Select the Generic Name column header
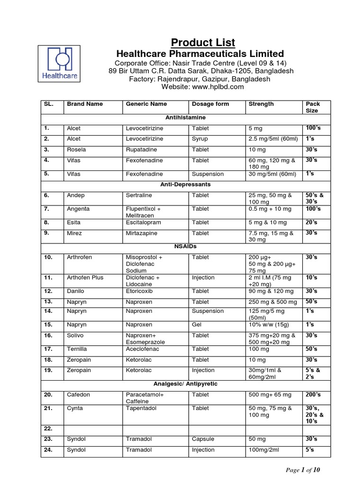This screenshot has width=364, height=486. point(146,104)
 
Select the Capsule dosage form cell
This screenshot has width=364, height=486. point(202,439)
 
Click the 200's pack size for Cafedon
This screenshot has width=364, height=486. point(313,394)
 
